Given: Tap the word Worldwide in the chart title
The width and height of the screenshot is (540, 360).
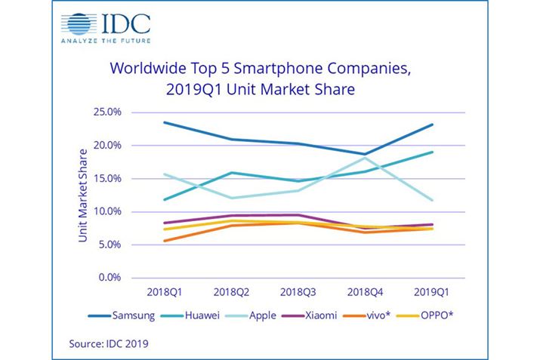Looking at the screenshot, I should coord(148,70).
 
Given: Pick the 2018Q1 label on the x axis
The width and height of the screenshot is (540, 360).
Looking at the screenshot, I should coord(165,292).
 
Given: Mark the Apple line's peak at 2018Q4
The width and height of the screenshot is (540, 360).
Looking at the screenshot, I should coord(365,158).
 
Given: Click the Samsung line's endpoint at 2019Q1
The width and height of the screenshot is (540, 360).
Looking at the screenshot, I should coord(431,125).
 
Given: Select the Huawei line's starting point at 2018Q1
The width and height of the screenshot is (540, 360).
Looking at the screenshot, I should coord(165,200).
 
